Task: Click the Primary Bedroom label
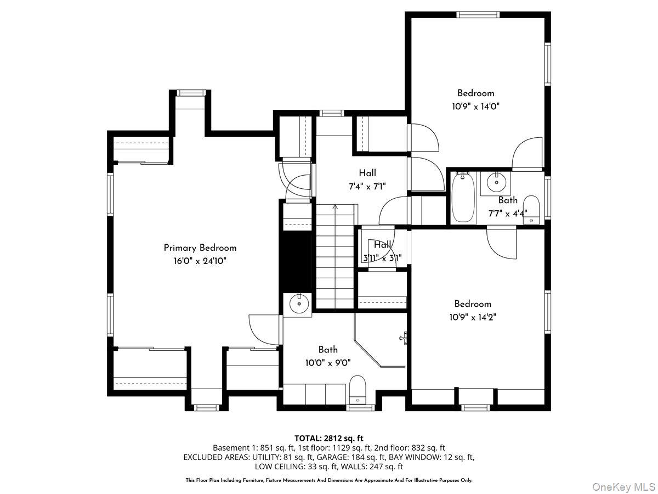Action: coord(200,248)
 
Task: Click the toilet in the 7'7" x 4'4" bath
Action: coord(531,209)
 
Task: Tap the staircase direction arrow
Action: coord(335,207)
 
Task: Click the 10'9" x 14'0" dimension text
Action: coord(475,106)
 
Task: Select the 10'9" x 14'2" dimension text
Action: coord(472,317)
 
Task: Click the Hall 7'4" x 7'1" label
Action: coord(367,179)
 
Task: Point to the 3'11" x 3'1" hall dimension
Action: coord(382,257)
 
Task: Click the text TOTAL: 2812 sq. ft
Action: coord(329,438)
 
